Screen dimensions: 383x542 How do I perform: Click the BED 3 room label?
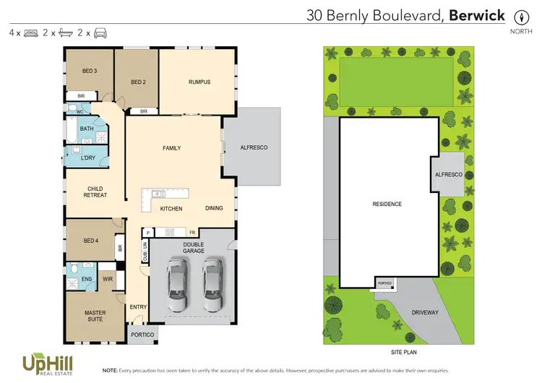pyautogui.click(x=89, y=71)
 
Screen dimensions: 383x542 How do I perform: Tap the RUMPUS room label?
pyautogui.click(x=199, y=82)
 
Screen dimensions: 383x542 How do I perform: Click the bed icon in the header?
pyautogui.click(x=31, y=33)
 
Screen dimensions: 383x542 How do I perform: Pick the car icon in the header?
pyautogui.click(x=100, y=33)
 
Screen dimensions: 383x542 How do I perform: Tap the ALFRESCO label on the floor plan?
pyautogui.click(x=254, y=147)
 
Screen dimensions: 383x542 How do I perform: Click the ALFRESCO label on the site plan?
pyautogui.click(x=448, y=175)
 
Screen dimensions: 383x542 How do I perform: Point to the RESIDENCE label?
pyautogui.click(x=387, y=205)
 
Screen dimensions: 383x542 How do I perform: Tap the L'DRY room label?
pyautogui.click(x=88, y=158)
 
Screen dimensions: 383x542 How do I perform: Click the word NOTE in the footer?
pyautogui.click(x=111, y=369)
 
